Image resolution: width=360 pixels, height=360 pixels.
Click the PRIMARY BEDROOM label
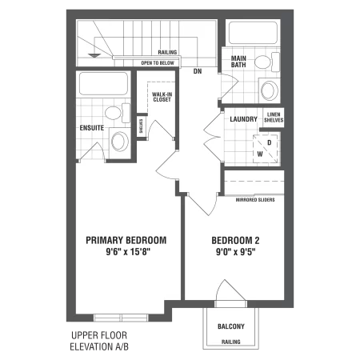coord(126,240)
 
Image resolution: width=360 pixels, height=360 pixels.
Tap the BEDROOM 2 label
coord(235,241)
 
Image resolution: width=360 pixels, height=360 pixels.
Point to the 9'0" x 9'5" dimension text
coord(236,252)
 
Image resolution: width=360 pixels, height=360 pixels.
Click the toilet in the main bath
coord(267,62)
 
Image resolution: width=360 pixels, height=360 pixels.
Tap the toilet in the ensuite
coord(118,113)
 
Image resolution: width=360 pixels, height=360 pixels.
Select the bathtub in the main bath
coord(253,33)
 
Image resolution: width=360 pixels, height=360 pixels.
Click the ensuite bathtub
coord(103,83)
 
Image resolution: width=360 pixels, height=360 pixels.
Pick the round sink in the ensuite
coord(120,141)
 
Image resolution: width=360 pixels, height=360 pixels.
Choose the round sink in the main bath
coord(270,90)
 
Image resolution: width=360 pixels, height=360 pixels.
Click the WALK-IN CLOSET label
coord(162,97)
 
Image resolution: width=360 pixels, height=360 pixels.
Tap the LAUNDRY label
coord(243,119)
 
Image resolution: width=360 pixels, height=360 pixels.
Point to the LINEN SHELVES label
coord(274,118)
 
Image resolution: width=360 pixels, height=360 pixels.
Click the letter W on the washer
coord(260,154)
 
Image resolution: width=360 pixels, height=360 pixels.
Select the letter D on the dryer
coord(270,142)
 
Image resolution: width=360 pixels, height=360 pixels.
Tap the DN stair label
coord(198,71)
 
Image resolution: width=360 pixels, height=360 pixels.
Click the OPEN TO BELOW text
coord(158,63)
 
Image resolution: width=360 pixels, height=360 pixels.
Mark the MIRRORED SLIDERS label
coord(255,200)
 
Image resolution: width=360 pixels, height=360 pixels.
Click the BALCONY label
coord(231,326)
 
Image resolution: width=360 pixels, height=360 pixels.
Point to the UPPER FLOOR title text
coord(99,335)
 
